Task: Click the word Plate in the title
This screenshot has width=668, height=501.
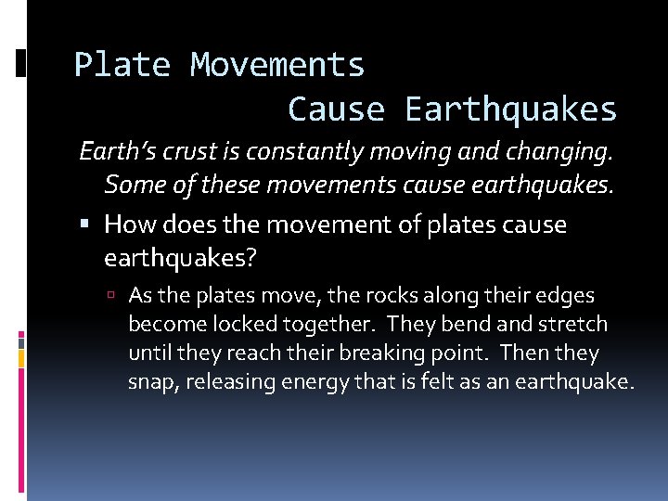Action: tap(122, 65)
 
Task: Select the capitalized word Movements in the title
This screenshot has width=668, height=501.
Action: tap(277, 65)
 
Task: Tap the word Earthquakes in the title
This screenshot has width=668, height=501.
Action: tap(511, 109)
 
